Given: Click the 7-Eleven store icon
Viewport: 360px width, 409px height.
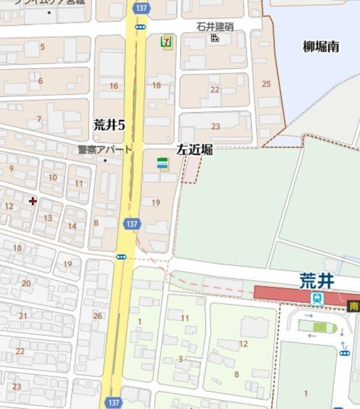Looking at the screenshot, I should pyautogui.click(x=166, y=43).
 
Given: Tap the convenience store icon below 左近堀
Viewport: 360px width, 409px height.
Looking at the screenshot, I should pyautogui.click(x=163, y=164).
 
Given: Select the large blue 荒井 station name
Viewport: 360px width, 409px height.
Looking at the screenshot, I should pyautogui.click(x=317, y=281).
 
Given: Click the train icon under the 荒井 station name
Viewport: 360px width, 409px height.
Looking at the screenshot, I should pyautogui.click(x=317, y=298).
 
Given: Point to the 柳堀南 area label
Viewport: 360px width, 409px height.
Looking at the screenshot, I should pyautogui.click(x=320, y=47).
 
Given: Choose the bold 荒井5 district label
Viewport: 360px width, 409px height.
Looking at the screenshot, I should pyautogui.click(x=109, y=125).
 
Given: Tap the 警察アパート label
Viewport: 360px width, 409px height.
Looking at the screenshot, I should pyautogui.click(x=105, y=150).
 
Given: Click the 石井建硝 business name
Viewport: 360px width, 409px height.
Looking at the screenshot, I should pyautogui.click(x=215, y=27).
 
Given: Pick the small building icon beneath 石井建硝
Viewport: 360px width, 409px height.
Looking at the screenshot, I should pyautogui.click(x=215, y=38).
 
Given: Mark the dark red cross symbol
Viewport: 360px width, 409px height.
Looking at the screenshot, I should pyautogui.click(x=33, y=201).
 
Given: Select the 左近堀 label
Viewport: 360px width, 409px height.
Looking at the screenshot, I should pyautogui.click(x=194, y=150).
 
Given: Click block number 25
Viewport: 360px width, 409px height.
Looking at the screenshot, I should pyautogui.click(x=266, y=84).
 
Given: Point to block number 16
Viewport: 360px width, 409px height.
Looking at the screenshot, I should pyautogui.click(x=114, y=86).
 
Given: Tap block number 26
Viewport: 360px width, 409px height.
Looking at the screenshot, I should pyautogui.click(x=97, y=316).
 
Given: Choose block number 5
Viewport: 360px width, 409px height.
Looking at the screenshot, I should pyautogui.click(x=43, y=47).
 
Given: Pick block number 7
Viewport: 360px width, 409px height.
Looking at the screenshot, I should pyautogui.click(x=39, y=120).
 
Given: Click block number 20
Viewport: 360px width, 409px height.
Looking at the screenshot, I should pyautogui.click(x=26, y=283).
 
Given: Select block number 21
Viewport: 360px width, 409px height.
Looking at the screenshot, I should pyautogui.click(x=23, y=316).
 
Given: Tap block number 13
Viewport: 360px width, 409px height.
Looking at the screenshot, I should pyautogui.click(x=48, y=218).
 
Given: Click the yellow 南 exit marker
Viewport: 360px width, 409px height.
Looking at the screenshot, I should pyautogui.click(x=354, y=307).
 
